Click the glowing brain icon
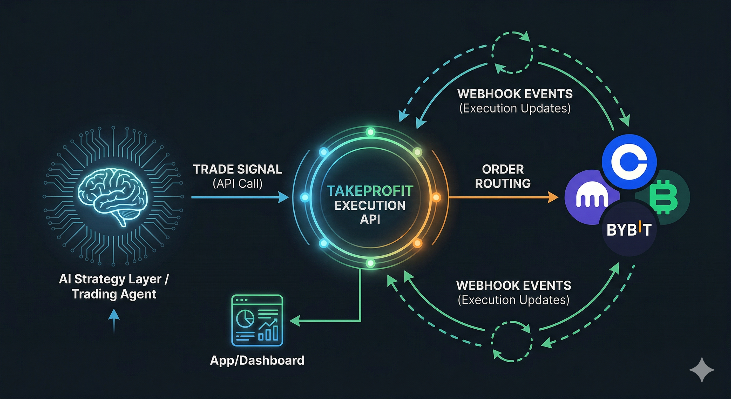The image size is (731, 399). pos(113,196)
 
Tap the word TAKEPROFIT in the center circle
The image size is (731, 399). pos(370,191)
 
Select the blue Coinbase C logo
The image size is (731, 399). pos(629,162)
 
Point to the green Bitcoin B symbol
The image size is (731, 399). pos(663,197)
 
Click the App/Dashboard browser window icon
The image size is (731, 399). pos(257,320)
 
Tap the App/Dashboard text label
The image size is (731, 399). pos(257,360)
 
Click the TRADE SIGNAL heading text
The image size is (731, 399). pos(238,169)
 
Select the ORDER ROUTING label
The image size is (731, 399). pos(503,176)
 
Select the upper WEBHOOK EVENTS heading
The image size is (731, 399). pos(515,94)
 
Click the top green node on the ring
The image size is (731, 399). pos(370,132)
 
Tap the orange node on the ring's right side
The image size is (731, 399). pos(436,197)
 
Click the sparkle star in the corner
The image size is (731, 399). pos(702,370)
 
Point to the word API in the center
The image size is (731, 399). pos(370,219)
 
